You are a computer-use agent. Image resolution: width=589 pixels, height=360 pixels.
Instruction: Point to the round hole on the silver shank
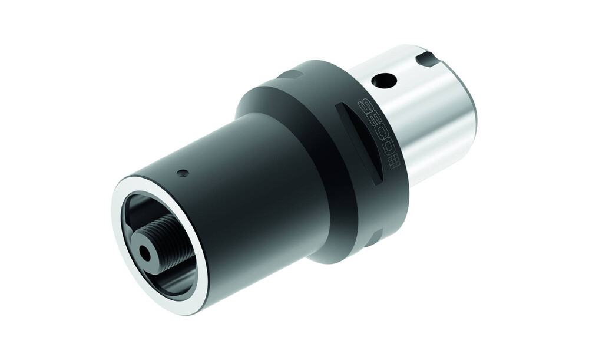(x=383, y=80)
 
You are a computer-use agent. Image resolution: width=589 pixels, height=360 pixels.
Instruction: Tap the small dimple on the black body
(x=183, y=173)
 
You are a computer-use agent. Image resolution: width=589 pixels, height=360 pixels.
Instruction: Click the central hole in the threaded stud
(x=145, y=254)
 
